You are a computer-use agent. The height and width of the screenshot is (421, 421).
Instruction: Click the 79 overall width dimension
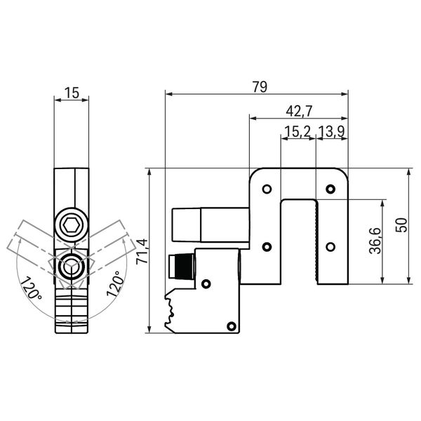[x=260, y=87]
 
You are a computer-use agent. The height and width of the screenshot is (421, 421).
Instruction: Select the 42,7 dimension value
[x=299, y=111]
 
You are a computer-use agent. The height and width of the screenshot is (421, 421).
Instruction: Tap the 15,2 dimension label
[x=298, y=131]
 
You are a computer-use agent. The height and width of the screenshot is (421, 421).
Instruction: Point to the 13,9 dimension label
[x=331, y=131]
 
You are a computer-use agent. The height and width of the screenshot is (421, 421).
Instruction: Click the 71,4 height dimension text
[x=142, y=251]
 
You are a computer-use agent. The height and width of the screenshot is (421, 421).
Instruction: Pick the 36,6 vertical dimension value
[x=375, y=241]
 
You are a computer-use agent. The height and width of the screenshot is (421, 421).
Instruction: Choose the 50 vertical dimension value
[x=402, y=225]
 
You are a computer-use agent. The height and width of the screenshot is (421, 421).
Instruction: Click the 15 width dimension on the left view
[x=72, y=93]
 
